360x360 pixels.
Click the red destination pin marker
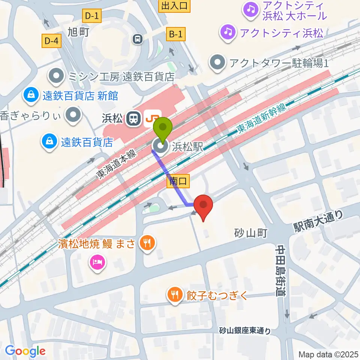(203, 207)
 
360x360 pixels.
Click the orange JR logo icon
(152, 118)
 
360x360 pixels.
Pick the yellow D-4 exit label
(51, 41)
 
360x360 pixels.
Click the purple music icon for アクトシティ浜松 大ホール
(250, 9)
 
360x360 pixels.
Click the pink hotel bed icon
(97, 261)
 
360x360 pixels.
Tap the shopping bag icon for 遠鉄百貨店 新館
(29, 95)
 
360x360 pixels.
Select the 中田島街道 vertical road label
(281, 270)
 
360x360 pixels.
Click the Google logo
(25, 351)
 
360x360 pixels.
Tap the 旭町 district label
(78, 32)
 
